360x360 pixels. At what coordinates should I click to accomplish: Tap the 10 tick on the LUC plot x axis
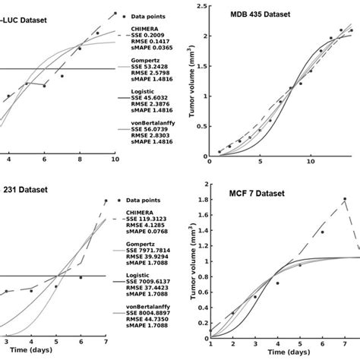(x=114, y=160)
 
